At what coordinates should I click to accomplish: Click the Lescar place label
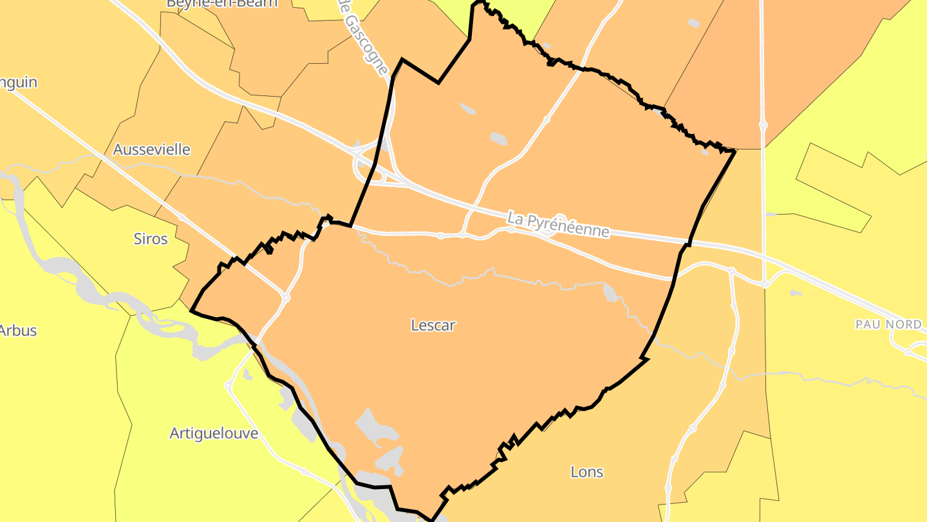tap(433, 325)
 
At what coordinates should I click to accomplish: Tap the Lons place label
tap(587, 472)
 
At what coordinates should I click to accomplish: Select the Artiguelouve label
tap(214, 433)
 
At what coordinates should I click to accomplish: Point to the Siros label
tap(151, 239)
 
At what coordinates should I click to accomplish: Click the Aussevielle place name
tap(152, 150)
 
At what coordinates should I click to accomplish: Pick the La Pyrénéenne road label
tap(558, 224)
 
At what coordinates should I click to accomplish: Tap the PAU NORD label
tap(888, 324)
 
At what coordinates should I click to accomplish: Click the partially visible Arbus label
tap(18, 331)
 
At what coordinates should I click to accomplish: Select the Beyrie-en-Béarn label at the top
tap(222, 3)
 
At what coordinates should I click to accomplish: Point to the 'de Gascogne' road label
tap(364, 35)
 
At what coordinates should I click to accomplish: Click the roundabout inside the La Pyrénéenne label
tap(559, 220)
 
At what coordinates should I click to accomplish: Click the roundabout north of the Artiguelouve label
tap(228, 386)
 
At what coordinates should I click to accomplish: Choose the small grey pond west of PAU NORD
tap(796, 293)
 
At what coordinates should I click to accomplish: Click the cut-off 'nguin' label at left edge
tap(19, 82)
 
